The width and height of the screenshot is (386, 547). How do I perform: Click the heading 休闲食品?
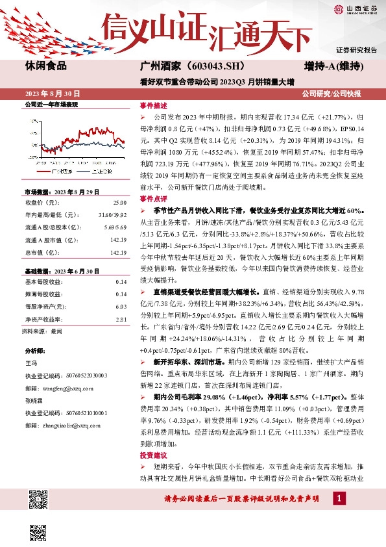point(46,66)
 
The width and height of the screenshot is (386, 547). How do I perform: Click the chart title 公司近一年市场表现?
point(51,104)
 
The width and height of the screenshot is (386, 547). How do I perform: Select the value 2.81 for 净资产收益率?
point(121,319)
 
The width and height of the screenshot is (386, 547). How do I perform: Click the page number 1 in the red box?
point(338,498)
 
